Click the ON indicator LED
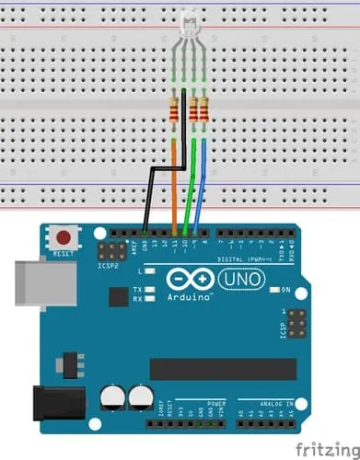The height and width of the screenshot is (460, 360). coord(273,291)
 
